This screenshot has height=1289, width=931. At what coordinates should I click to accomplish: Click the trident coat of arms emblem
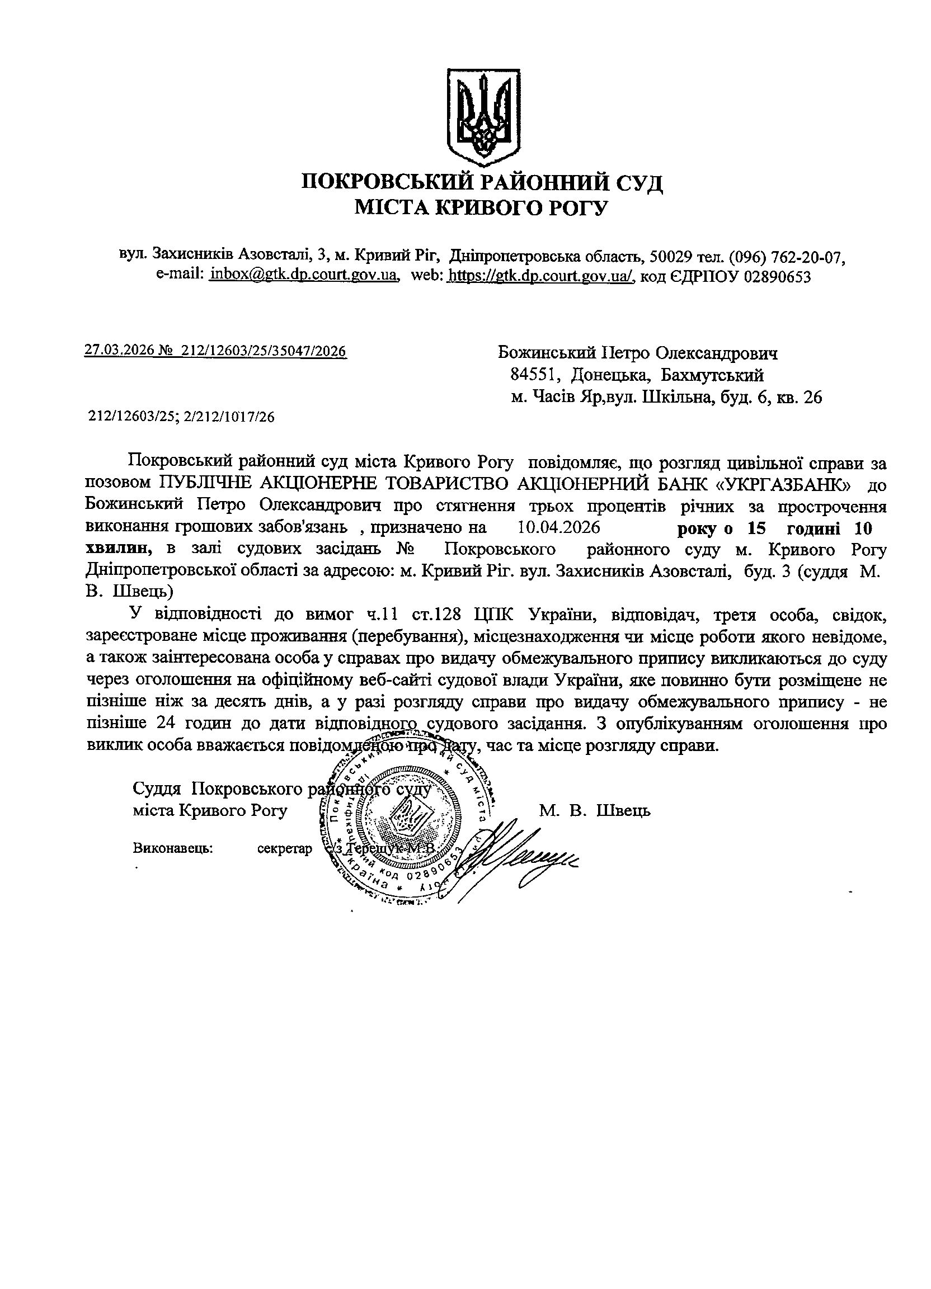[x=482, y=114]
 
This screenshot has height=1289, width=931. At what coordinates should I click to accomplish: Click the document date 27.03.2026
[x=118, y=351]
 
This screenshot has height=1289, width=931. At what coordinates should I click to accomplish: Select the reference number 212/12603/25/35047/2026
[x=264, y=351]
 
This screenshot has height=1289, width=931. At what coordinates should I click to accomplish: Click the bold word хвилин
[x=117, y=550]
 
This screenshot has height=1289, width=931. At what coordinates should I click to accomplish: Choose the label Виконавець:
[x=173, y=848]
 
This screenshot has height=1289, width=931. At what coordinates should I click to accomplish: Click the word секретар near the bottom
[x=285, y=848]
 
